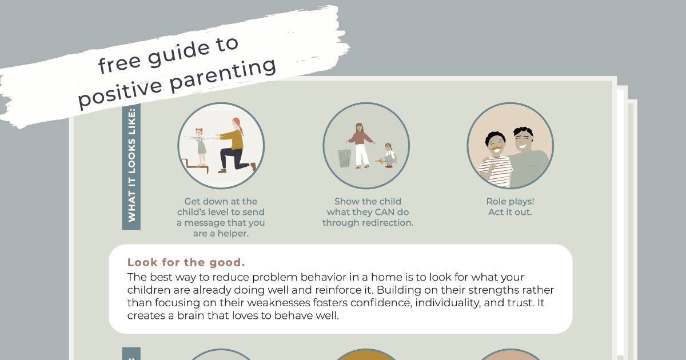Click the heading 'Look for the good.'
click(186, 262)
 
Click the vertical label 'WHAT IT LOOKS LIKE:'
click(131, 165)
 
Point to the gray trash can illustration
click(344, 158)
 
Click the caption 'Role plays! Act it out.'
click(510, 207)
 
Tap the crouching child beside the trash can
click(389, 155)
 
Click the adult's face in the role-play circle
click(524, 141)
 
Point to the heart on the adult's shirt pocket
click(533, 170)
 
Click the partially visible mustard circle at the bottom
click(366, 355)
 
